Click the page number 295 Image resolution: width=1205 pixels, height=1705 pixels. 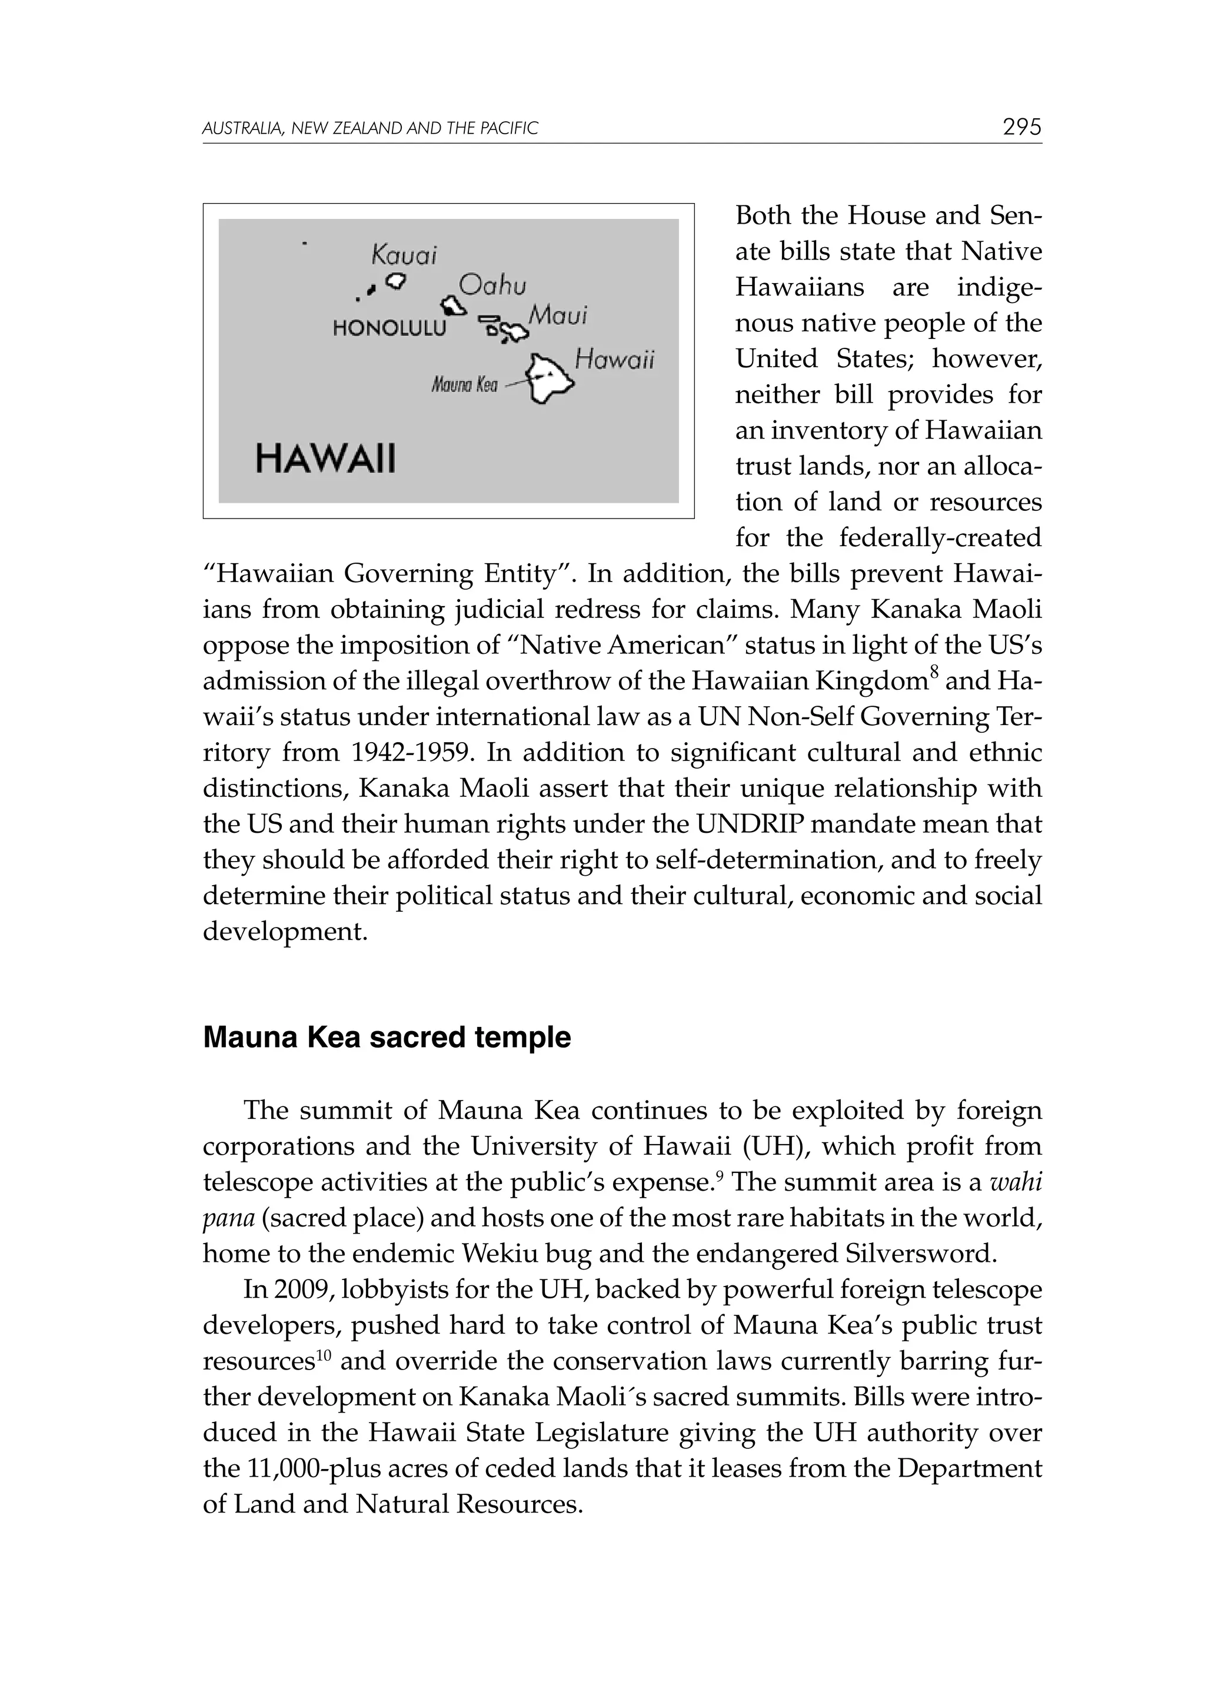click(1021, 127)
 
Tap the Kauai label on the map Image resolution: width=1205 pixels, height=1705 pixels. click(404, 255)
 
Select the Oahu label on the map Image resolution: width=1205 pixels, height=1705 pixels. click(492, 285)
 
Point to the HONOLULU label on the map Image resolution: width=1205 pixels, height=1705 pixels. click(390, 328)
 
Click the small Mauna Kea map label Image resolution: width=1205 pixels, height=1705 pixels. click(465, 385)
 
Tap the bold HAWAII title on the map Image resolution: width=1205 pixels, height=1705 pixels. click(325, 458)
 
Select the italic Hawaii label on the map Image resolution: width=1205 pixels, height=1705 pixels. click(615, 360)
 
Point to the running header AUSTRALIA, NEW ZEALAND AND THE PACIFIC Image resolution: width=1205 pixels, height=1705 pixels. click(370, 128)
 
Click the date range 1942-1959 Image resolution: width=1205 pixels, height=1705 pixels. click(412, 753)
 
